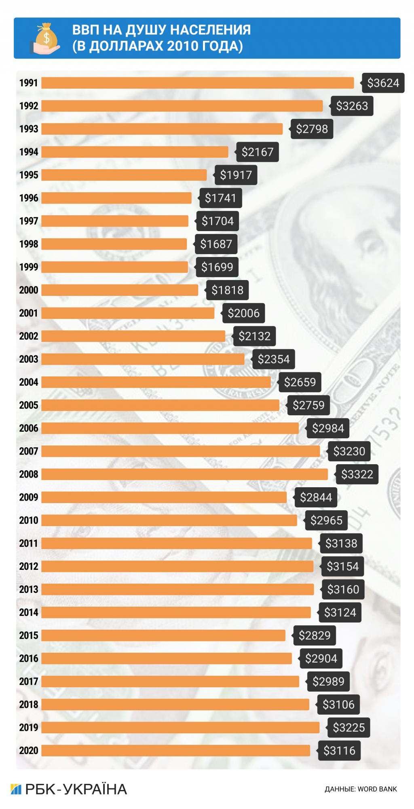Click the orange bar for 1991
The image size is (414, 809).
pyautogui.click(x=197, y=83)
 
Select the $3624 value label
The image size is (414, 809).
pyautogui.click(x=383, y=83)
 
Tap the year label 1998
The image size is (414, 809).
pyautogui.click(x=28, y=244)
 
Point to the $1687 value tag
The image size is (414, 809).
pyautogui.click(x=216, y=244)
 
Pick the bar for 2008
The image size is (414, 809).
pyautogui.click(x=184, y=474)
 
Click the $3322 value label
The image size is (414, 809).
pyautogui.click(x=357, y=474)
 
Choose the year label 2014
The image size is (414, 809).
pyautogui.click(x=28, y=612)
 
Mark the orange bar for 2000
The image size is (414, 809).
pyautogui.click(x=120, y=290)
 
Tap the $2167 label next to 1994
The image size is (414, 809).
pyautogui.click(x=257, y=152)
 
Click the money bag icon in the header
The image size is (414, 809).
pyautogui.click(x=45, y=38)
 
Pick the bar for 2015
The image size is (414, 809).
pyautogui.click(x=163, y=635)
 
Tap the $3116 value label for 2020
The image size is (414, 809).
pyautogui.click(x=339, y=751)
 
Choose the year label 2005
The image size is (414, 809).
pyautogui.click(x=28, y=405)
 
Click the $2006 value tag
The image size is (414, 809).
pyautogui.click(x=243, y=313)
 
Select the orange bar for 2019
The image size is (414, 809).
pyautogui.click(x=180, y=728)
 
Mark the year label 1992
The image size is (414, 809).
pyautogui.click(x=28, y=106)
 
